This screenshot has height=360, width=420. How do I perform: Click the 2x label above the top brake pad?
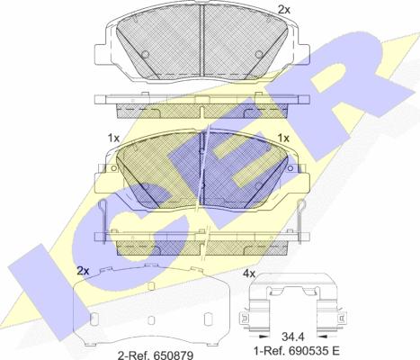pos(284,10)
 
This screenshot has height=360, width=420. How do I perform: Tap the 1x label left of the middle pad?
pos(113,139)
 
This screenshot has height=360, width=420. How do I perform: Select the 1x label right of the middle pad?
pos(283,139)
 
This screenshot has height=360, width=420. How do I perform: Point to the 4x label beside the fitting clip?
pos(249,274)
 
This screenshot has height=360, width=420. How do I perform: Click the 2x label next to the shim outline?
pos(83,271)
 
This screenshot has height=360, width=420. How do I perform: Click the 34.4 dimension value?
pos(293,337)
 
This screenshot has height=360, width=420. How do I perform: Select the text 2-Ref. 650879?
pos(156,355)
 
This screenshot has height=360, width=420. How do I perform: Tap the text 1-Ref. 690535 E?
pos(297,350)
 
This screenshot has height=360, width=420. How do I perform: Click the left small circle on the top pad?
pos(145,54)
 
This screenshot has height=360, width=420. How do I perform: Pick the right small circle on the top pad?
pos(259,54)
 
